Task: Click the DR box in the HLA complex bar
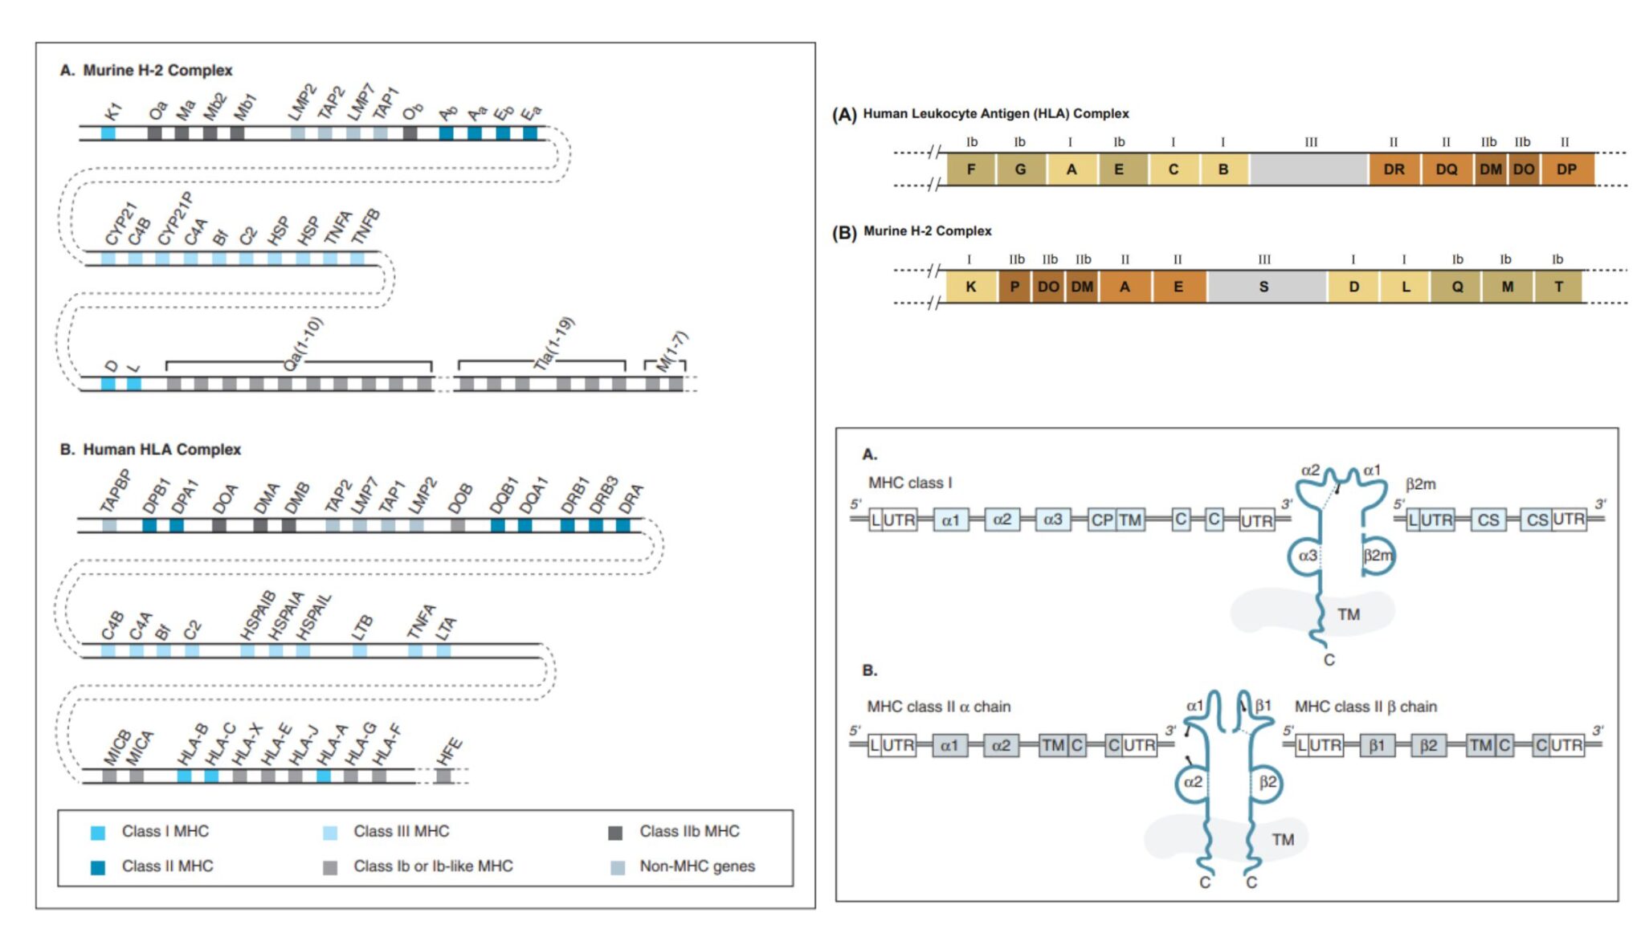click(1394, 169)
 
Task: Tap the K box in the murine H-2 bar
click(971, 287)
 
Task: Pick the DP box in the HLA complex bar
click(1566, 169)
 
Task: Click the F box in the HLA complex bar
click(971, 169)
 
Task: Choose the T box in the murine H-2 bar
click(1558, 287)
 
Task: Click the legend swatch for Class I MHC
click(98, 833)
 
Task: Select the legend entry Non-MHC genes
click(696, 866)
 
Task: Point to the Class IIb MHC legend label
click(689, 831)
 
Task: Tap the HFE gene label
click(449, 752)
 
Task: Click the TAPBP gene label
click(115, 491)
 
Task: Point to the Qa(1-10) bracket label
click(303, 344)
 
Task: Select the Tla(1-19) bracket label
click(554, 344)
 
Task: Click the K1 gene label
click(113, 111)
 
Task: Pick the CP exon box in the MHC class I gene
click(1101, 520)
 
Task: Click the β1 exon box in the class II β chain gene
click(1377, 746)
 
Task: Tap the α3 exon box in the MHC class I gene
click(1052, 520)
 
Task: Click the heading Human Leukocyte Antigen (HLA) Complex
click(995, 114)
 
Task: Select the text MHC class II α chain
click(938, 707)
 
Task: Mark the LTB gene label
click(362, 626)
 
